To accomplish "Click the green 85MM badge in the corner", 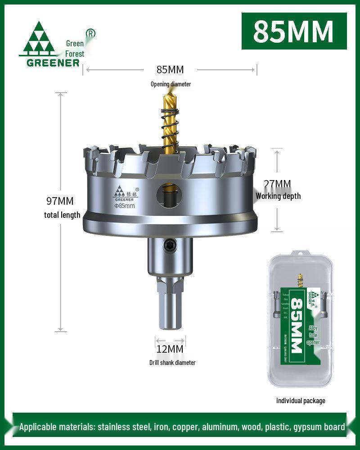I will [x=294, y=31].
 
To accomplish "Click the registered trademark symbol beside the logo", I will [x=90, y=33].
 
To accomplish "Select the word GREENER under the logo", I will [x=53, y=63].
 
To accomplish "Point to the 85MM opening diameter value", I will [x=170, y=69].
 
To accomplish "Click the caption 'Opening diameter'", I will [x=170, y=84].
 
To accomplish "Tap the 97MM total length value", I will [x=60, y=201].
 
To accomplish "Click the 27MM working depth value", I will [x=277, y=184].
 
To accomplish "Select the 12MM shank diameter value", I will [x=170, y=349].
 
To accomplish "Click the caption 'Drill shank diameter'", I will [x=172, y=363].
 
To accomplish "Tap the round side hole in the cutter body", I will [x=170, y=195].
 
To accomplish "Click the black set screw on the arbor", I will [x=170, y=245].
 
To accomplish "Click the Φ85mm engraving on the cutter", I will [x=124, y=206].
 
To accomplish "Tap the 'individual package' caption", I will [x=301, y=400].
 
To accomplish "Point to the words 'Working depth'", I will [x=278, y=196].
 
